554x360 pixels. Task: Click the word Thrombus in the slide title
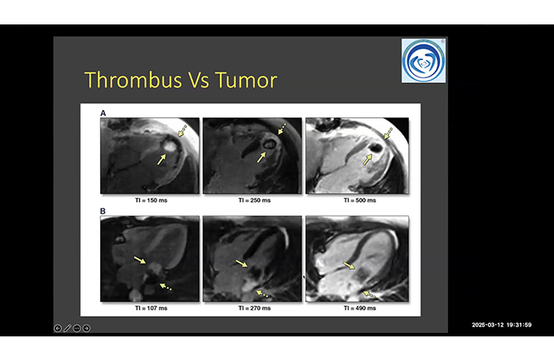[x=133, y=80]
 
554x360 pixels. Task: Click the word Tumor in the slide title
[x=246, y=80]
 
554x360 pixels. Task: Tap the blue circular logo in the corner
[x=424, y=61]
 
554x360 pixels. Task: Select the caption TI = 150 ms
[x=152, y=200]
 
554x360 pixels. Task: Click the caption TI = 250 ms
[x=254, y=200]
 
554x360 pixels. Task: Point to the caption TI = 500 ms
[x=359, y=200]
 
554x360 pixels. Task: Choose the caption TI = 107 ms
[x=152, y=308]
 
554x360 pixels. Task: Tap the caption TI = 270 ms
[x=254, y=308]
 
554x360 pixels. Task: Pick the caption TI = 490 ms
[x=359, y=308]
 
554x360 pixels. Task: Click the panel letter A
[x=103, y=113]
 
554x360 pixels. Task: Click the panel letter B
[x=103, y=211]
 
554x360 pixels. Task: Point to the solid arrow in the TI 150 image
[x=161, y=160]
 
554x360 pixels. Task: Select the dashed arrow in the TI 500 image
[x=388, y=134]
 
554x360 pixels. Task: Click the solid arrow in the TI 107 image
[x=140, y=261]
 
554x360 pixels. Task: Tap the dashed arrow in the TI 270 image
[x=262, y=293]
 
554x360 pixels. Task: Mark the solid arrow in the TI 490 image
[x=349, y=266]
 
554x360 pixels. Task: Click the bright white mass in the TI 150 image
[x=169, y=145]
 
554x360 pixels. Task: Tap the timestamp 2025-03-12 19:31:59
[x=502, y=325]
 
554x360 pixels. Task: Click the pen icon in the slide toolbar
[x=67, y=328]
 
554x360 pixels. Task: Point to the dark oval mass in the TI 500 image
[x=376, y=147]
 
